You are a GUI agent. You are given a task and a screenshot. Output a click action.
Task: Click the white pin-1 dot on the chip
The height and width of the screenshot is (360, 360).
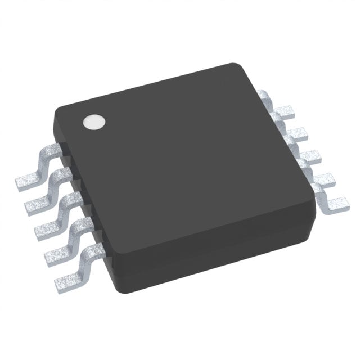tap(94, 122)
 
